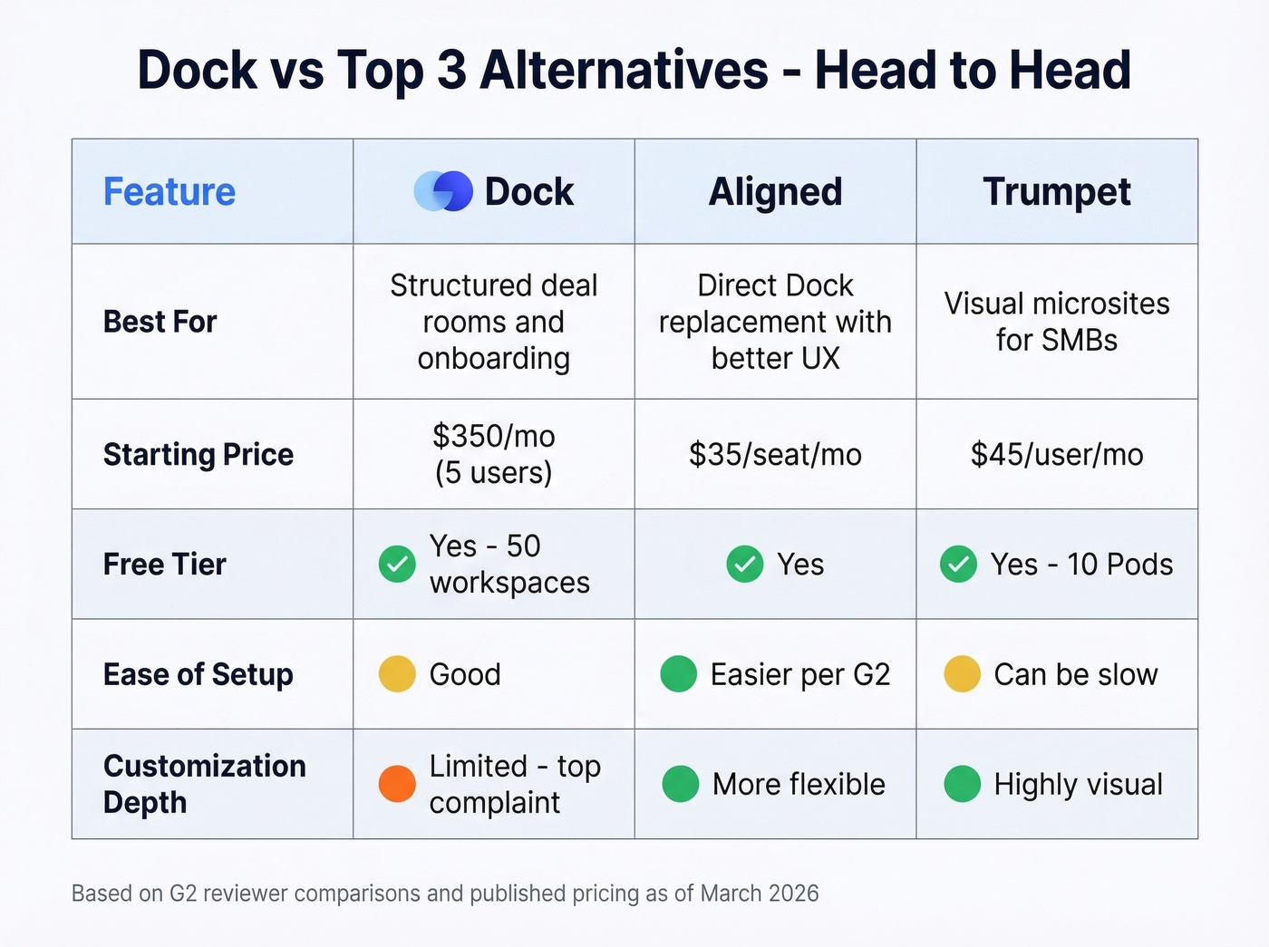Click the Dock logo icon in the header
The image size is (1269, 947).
coord(443,191)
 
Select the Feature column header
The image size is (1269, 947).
coord(170,191)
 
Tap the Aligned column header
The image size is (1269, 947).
coord(775,191)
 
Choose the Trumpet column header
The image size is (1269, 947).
coord(1057,191)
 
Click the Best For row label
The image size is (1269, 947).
coord(160,322)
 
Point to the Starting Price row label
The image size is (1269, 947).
coord(199,454)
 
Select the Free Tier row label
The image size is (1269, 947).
coord(165,565)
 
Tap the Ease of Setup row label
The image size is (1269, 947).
coord(199,674)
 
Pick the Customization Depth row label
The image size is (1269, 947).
coord(204,784)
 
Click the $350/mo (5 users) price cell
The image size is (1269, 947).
coord(494,454)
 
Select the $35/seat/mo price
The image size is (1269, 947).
coord(775,454)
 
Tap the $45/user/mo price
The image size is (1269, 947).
coord(1057,454)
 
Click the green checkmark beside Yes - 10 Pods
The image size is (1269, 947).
coord(958,565)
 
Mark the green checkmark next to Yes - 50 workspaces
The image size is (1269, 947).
coord(397,565)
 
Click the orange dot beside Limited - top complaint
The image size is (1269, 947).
coord(397,784)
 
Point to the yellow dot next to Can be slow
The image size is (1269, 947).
coord(962,674)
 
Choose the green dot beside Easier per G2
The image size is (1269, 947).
coord(679,674)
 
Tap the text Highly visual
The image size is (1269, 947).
coord(1078,784)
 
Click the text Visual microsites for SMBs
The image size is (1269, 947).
coord(1057,322)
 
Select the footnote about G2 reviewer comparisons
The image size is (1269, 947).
coord(445,894)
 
